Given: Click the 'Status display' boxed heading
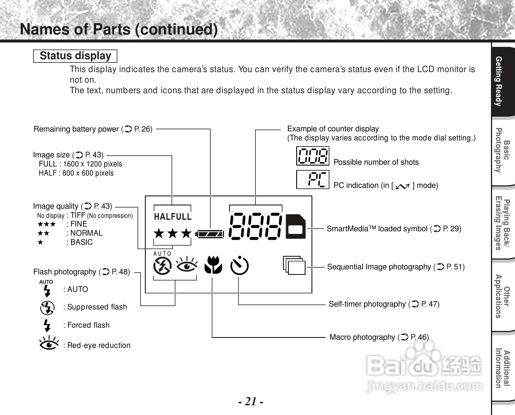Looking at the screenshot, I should [75, 56].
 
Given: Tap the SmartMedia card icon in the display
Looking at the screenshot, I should [296, 227].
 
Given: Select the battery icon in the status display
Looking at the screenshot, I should [210, 234].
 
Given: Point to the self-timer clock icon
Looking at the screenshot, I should [239, 266].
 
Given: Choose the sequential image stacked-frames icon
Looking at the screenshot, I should [294, 265].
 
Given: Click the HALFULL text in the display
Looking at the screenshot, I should [173, 217].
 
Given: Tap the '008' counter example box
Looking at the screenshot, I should [313, 156].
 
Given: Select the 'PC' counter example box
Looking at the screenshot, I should [313, 179].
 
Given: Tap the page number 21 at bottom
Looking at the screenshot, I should [250, 401].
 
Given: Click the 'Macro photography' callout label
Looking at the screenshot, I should [379, 337].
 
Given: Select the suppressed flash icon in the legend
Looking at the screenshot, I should [47, 308].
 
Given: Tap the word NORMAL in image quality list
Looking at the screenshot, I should [86, 233].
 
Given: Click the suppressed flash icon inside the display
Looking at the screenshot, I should [162, 266].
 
